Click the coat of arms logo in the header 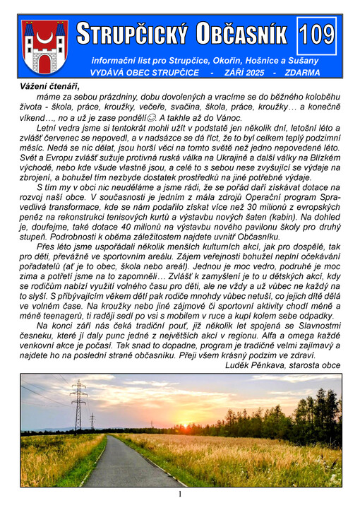point(44,47)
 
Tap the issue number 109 point(317,35)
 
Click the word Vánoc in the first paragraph point(252,117)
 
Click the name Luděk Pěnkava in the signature point(258,365)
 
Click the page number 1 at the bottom point(180,495)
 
